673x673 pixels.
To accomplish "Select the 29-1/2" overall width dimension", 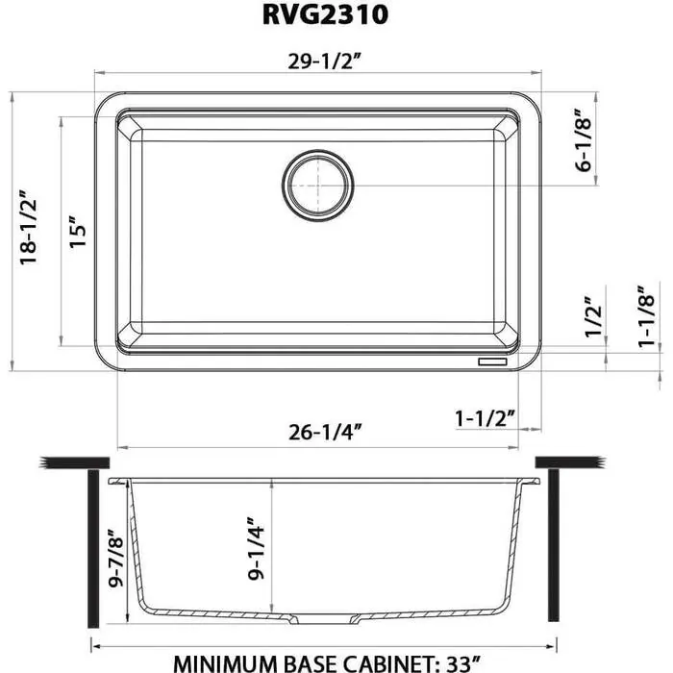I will point(322,62).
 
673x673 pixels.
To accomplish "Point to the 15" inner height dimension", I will point(80,232).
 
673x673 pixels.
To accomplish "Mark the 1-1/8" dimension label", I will point(651,314).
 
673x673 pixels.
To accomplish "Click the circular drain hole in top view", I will point(317,184).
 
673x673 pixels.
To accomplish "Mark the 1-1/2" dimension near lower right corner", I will point(486,418).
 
